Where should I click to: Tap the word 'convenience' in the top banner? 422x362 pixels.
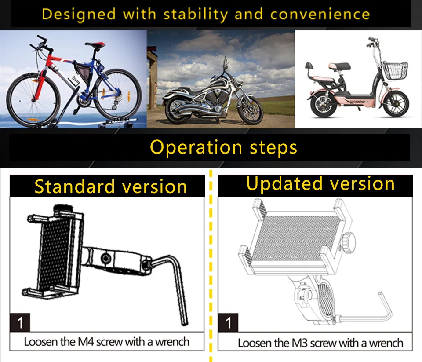point(320,14)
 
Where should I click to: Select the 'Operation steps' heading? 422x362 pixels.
point(224,147)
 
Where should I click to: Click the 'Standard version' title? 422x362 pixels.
point(111,186)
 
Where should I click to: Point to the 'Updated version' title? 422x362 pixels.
point(320,183)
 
